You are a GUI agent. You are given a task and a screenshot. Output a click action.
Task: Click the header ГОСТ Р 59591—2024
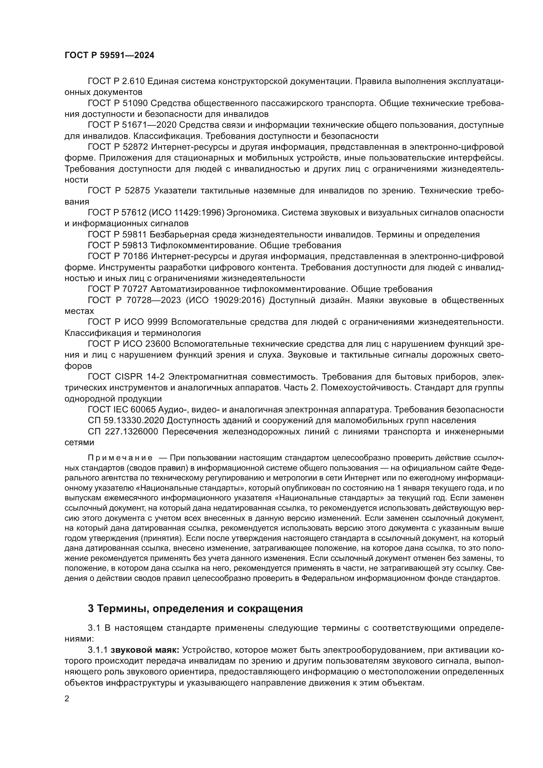coord(109,55)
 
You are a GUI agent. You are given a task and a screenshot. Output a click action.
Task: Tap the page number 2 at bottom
coord(67,699)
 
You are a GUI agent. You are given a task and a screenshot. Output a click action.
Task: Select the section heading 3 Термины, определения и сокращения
coord(195,608)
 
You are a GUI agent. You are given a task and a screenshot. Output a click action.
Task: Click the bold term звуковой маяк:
coord(145,650)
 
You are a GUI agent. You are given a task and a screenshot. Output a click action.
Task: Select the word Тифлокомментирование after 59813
coord(204,246)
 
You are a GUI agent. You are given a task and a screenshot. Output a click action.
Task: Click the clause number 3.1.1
coord(98,650)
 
